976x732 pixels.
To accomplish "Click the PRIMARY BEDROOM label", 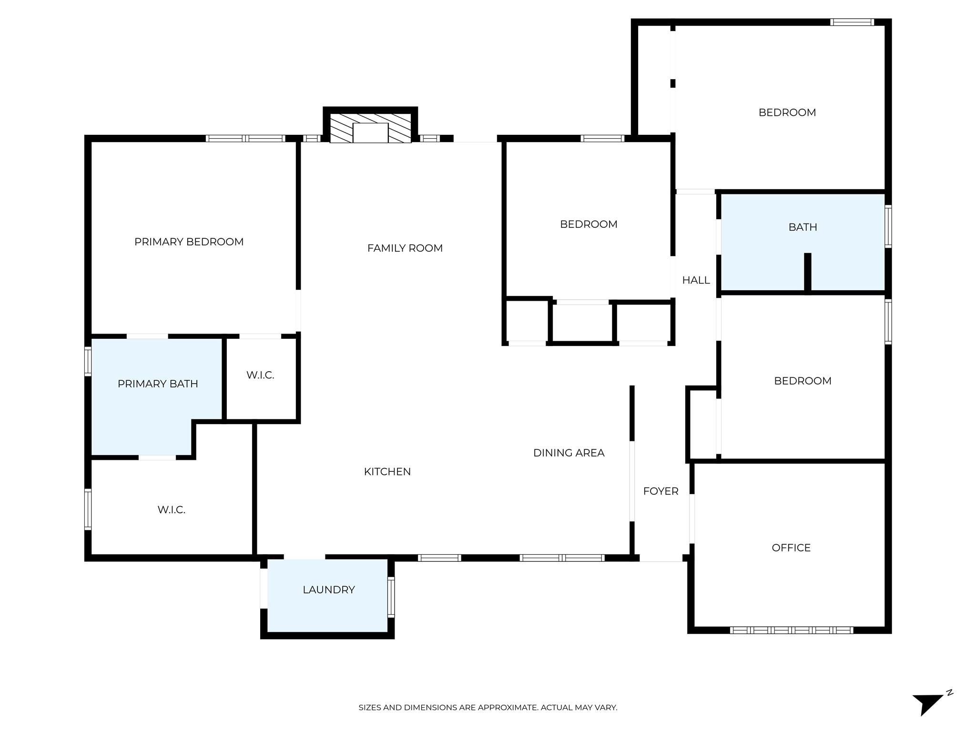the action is [x=189, y=242].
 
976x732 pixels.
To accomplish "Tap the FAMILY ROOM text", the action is [x=405, y=248].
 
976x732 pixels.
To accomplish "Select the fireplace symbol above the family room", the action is [x=370, y=127].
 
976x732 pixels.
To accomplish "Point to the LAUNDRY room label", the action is [x=329, y=590].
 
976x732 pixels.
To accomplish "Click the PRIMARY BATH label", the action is [x=158, y=384].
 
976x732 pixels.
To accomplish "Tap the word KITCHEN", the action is [x=387, y=471].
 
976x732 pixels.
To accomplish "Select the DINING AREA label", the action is [x=569, y=453].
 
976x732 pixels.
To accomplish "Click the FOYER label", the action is [x=661, y=491].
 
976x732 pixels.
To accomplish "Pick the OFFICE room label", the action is [x=791, y=548].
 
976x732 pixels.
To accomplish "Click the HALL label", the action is [x=696, y=280].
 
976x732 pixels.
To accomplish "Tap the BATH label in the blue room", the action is [x=803, y=227].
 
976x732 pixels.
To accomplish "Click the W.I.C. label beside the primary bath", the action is [x=260, y=375].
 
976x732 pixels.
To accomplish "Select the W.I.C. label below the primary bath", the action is [x=172, y=509].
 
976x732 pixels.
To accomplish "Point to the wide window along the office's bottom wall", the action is [x=792, y=630].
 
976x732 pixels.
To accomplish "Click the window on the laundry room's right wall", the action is [x=391, y=597].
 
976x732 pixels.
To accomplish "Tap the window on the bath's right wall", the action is [x=888, y=226].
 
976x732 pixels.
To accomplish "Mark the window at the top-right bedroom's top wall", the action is [x=852, y=22].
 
